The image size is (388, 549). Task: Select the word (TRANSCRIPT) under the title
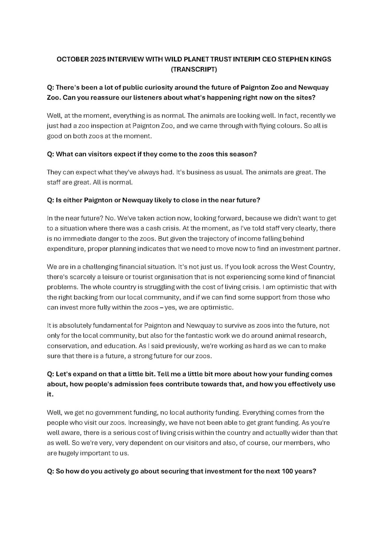click(x=194, y=69)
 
